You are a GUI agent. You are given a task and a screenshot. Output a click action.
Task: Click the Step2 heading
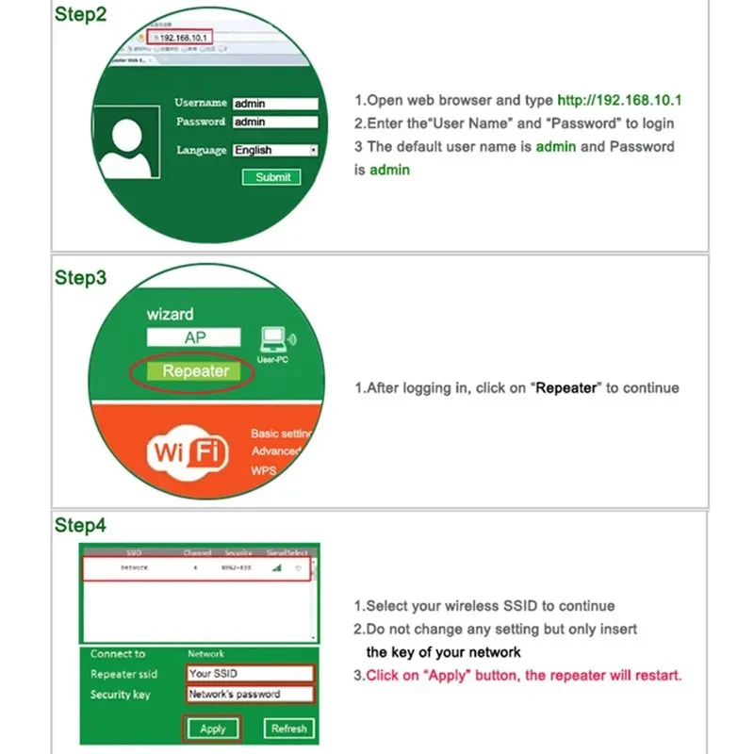tap(80, 16)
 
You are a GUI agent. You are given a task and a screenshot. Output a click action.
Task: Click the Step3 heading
tap(80, 278)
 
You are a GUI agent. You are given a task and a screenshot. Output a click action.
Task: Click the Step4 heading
tap(80, 526)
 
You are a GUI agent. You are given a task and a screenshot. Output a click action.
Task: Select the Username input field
tap(275, 104)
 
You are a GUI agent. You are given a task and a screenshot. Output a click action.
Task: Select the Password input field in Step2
tap(275, 123)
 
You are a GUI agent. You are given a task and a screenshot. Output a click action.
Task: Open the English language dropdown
tap(275, 150)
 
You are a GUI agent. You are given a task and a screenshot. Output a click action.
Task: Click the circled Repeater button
tap(195, 371)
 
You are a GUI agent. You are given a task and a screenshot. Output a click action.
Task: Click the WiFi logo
tap(188, 453)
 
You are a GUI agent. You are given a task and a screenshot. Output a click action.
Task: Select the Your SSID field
tap(250, 674)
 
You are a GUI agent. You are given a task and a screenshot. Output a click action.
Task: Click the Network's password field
tap(250, 695)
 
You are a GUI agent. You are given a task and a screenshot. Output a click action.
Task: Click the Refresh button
tap(289, 729)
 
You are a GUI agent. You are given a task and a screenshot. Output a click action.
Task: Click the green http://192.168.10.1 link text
tap(619, 100)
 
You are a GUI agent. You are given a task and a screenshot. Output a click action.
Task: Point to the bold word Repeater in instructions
tap(566, 388)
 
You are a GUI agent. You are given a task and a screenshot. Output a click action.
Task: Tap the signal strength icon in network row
tap(276, 569)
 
